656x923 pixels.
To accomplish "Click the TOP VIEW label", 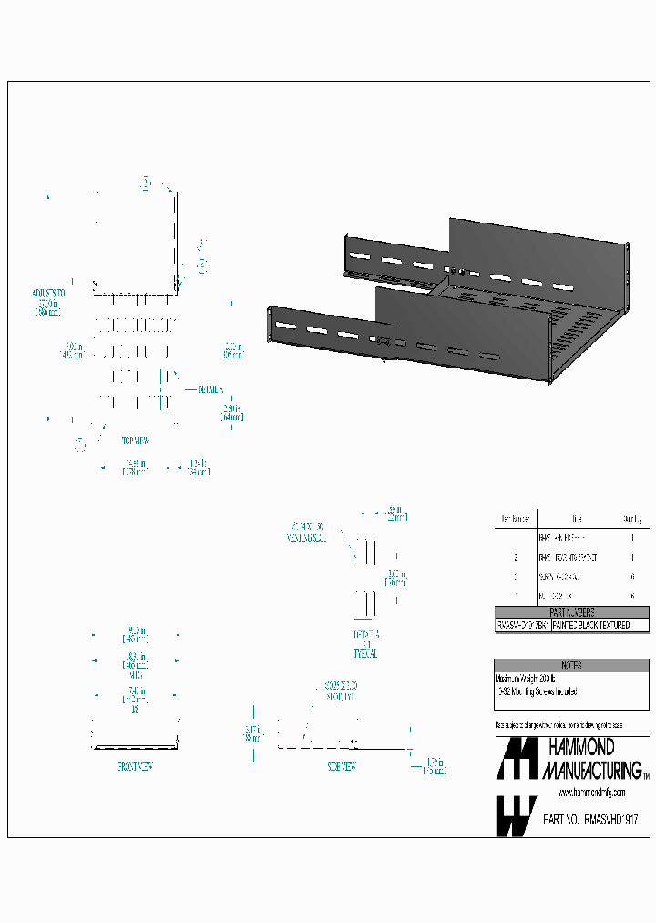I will click(x=135, y=440).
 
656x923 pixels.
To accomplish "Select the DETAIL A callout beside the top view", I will click(x=209, y=389).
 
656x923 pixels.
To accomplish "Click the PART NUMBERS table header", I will click(x=572, y=613).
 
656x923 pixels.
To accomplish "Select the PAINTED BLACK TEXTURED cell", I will click(x=602, y=626).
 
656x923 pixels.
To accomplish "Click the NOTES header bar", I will click(x=572, y=666).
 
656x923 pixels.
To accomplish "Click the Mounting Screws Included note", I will click(x=538, y=692).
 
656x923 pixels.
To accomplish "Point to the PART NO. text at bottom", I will click(x=560, y=820).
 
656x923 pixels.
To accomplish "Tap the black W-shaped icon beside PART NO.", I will click(x=515, y=815).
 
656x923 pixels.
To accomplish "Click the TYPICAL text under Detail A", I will click(x=364, y=654).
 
